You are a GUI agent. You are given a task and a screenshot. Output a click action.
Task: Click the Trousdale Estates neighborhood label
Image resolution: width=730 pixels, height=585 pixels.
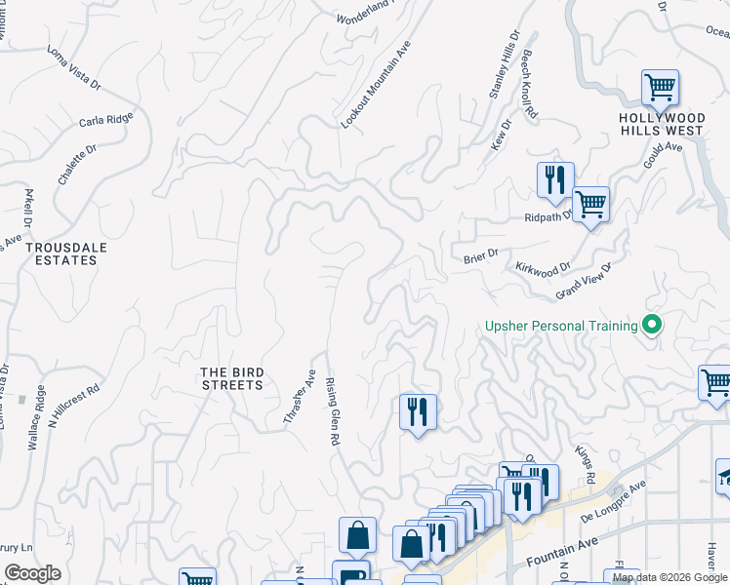pyautogui.click(x=66, y=253)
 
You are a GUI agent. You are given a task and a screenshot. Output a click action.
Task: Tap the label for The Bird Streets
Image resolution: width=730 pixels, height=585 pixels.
pyautogui.click(x=231, y=378)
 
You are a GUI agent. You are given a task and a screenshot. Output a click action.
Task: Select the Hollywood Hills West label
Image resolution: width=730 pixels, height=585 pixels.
pyautogui.click(x=661, y=124)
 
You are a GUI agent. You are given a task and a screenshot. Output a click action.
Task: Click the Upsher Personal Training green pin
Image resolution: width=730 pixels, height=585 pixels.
pyautogui.click(x=650, y=327)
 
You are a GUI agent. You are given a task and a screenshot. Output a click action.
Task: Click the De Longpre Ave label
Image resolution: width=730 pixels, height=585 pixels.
pyautogui.click(x=615, y=502)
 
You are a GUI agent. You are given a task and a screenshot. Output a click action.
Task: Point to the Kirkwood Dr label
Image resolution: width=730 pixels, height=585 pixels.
pyautogui.click(x=543, y=268)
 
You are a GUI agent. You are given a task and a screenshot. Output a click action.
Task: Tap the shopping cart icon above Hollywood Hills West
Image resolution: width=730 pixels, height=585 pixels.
pyautogui.click(x=660, y=88)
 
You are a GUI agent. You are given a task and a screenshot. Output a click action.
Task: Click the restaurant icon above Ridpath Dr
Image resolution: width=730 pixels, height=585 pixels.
pyautogui.click(x=554, y=178)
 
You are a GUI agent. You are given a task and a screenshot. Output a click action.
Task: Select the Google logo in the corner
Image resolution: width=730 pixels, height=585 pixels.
pyautogui.click(x=32, y=573)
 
